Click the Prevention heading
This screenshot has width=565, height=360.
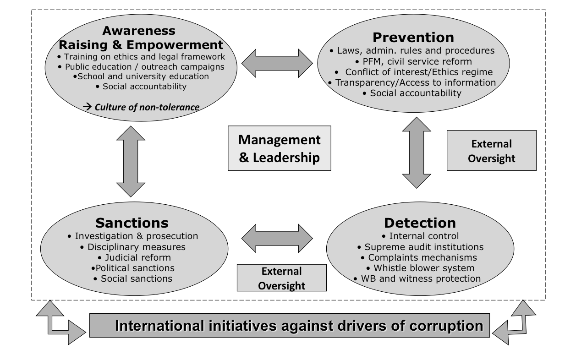pyautogui.click(x=413, y=38)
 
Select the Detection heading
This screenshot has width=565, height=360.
pyautogui.click(x=420, y=223)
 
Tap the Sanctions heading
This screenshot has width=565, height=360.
pyautogui.click(x=132, y=223)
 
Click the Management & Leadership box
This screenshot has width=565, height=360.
pyautogui.click(x=280, y=148)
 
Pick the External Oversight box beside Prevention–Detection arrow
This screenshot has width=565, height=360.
pyautogui.click(x=492, y=151)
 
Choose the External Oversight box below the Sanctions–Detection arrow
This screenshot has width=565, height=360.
pyautogui.click(x=282, y=278)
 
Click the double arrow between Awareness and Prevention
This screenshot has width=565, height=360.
pyautogui.click(x=277, y=63)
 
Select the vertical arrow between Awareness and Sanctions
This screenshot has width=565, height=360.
pyautogui.click(x=131, y=161)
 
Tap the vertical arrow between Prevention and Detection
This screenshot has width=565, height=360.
pyautogui.click(x=417, y=153)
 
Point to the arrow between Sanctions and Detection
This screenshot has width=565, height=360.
pyautogui.click(x=277, y=238)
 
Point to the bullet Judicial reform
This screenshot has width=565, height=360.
pyautogui.click(x=134, y=257)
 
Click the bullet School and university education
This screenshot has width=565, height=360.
pyautogui.click(x=141, y=76)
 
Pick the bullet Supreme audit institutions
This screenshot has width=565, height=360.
pyautogui.click(x=421, y=247)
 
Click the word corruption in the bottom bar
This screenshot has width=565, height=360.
pyautogui.click(x=446, y=326)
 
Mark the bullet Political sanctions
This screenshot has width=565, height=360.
pyautogui.click(x=133, y=268)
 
